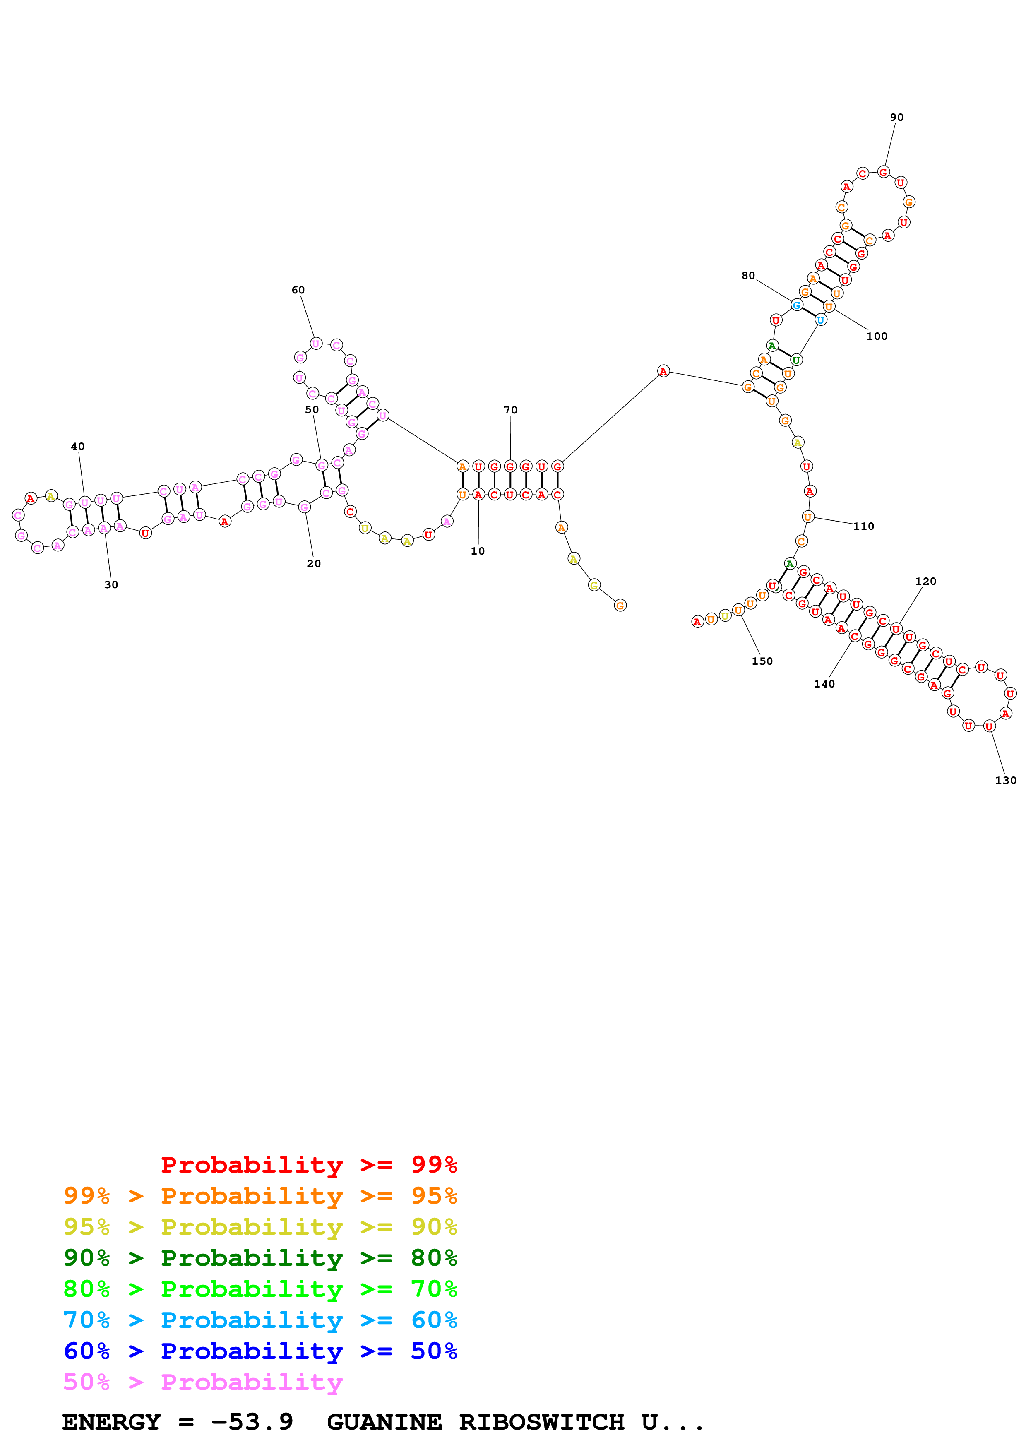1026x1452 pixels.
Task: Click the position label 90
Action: [896, 118]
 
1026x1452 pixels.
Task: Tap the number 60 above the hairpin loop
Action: [298, 290]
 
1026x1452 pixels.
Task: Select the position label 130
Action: [1005, 780]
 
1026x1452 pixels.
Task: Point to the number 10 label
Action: [477, 551]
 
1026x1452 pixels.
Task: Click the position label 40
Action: [77, 447]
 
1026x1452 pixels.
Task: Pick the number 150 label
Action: [762, 661]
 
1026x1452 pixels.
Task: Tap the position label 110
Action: [863, 526]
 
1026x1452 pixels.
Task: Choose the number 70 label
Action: [510, 410]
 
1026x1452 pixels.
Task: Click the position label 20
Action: [314, 563]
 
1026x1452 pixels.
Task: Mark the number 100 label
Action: [877, 337]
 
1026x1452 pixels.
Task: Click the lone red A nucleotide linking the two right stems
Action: [663, 371]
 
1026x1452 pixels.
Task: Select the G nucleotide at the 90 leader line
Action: [883, 172]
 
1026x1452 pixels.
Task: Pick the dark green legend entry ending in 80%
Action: [260, 1258]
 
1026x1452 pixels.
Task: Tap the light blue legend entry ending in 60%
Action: [260, 1320]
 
